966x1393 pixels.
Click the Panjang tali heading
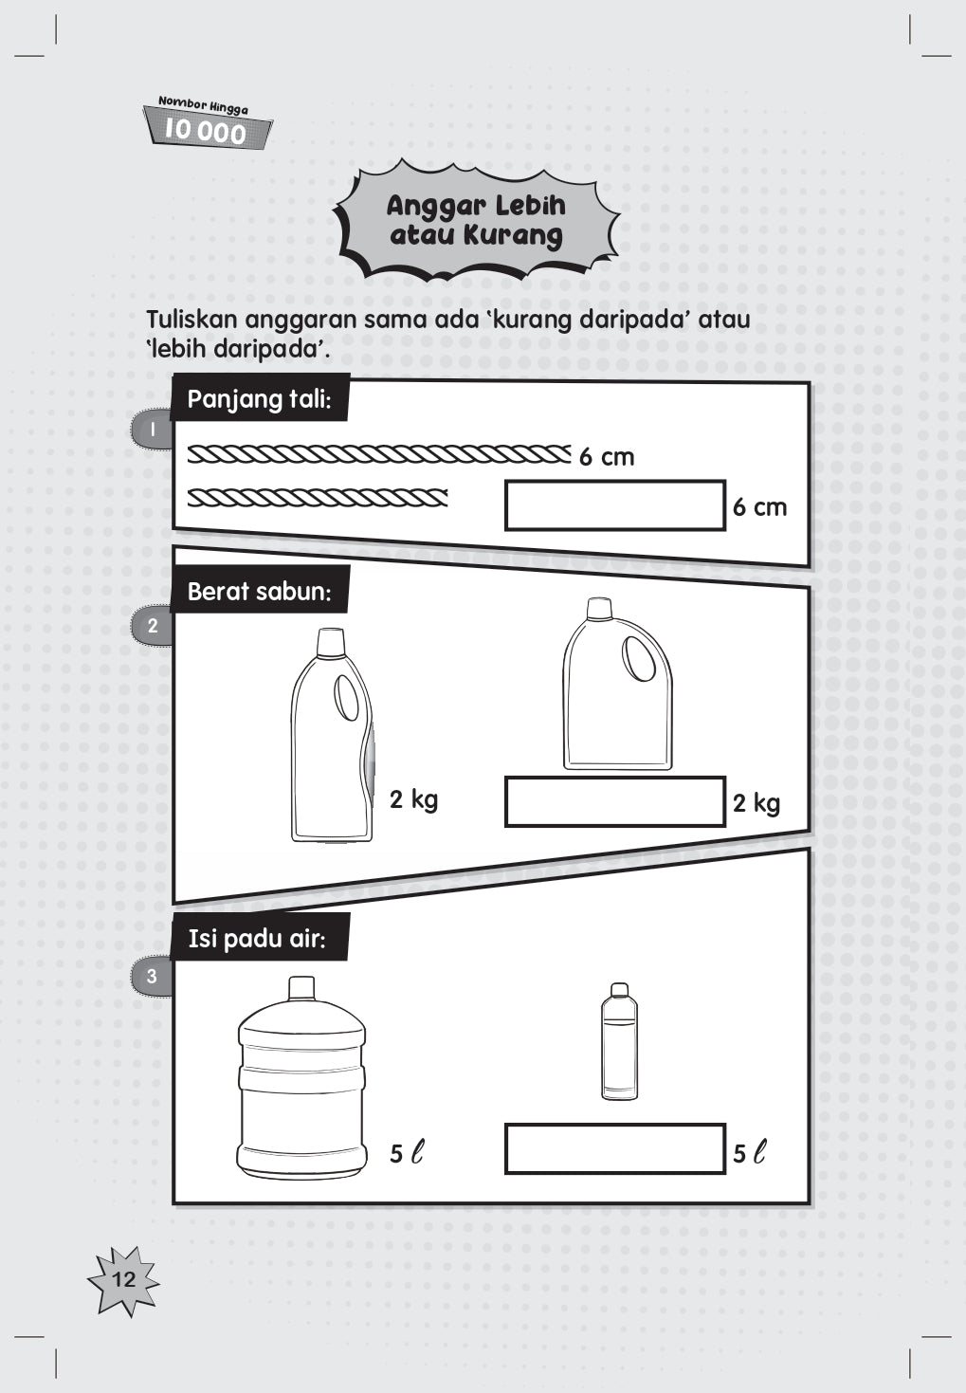259,398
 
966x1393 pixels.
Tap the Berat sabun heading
259,591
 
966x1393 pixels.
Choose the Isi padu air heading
258,938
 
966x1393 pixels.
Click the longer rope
379,454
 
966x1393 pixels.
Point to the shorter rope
318,498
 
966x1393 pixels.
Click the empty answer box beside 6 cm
615,505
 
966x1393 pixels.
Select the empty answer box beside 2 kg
615,801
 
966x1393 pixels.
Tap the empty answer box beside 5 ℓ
615,1148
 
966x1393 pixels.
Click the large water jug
301,1077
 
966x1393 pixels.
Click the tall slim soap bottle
332,735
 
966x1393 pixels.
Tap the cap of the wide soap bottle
600,609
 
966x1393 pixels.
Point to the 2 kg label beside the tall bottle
414,799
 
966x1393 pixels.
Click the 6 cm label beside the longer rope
607,458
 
